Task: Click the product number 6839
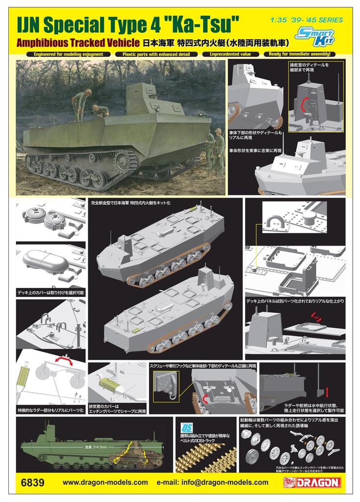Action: pos(33,482)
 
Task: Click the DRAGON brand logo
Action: pos(317,482)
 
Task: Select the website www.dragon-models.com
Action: pos(105,482)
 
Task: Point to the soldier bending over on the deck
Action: pos(101,111)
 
